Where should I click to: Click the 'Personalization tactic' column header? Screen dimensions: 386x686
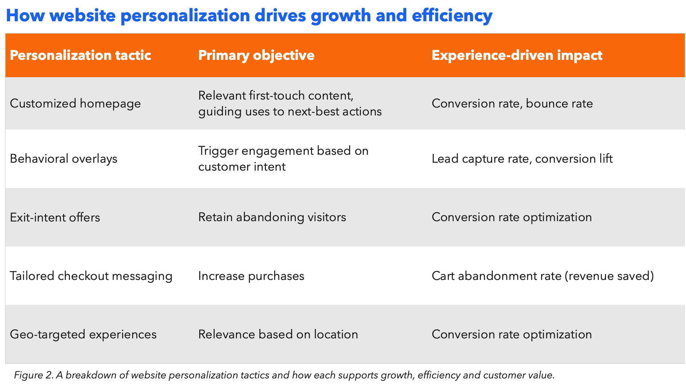point(80,56)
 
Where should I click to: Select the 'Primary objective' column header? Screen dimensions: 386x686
point(256,56)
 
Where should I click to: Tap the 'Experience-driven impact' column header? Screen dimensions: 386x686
point(517,56)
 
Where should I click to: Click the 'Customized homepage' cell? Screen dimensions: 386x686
point(75,104)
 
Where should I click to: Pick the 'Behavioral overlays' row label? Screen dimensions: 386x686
point(63,159)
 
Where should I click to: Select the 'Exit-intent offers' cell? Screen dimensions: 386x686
point(55,218)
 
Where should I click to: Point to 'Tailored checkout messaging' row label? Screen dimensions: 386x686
point(91,276)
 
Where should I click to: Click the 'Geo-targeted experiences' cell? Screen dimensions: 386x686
point(83,334)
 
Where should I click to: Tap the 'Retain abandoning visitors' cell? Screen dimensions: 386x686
point(272,217)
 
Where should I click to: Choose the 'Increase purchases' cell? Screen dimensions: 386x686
point(251,276)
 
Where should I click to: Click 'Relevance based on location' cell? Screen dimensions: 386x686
point(278,334)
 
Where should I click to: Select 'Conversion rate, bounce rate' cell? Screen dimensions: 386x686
point(512,104)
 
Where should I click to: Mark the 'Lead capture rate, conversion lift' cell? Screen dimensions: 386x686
point(522,159)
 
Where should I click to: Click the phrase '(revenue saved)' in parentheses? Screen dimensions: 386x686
point(609,276)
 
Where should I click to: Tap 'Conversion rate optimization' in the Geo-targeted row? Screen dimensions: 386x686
point(512,334)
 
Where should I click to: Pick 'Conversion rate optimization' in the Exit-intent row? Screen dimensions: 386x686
point(512,217)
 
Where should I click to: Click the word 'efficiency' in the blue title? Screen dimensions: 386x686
point(452,16)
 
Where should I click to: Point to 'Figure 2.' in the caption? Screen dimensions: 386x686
point(34,375)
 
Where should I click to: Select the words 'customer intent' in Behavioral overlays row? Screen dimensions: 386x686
point(242,167)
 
